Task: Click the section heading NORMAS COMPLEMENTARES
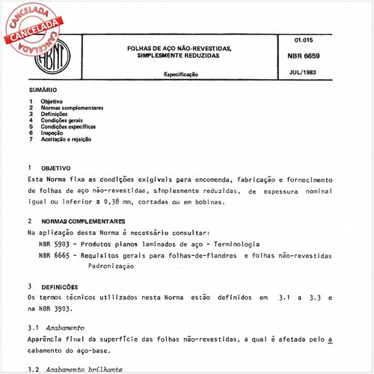(82, 222)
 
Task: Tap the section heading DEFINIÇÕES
(62, 286)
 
